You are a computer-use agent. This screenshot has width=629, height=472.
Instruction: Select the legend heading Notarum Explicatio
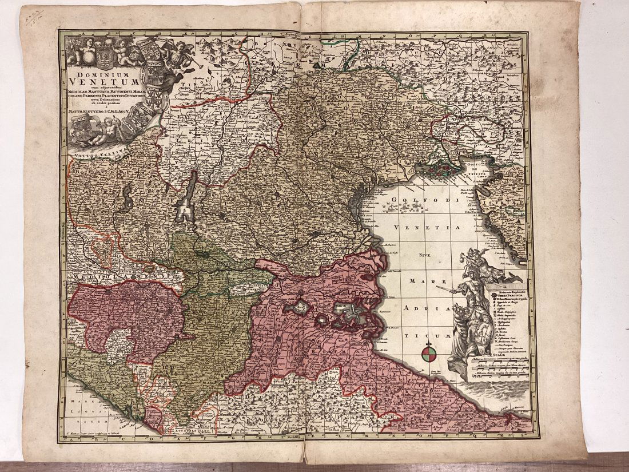point(505,292)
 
